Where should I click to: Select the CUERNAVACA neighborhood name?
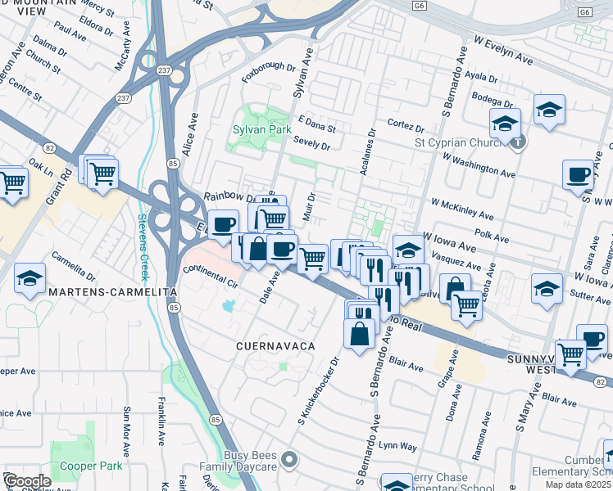pyautogui.click(x=275, y=347)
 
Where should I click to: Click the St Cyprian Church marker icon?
pyautogui.click(x=519, y=142)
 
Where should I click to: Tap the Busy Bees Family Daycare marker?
pyautogui.click(x=288, y=461)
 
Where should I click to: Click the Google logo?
pyautogui.click(x=26, y=481)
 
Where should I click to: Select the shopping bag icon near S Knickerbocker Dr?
pyautogui.click(x=358, y=334)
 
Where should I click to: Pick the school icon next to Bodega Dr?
pyautogui.click(x=549, y=109)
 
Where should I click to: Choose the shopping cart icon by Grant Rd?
pyautogui.click(x=103, y=173)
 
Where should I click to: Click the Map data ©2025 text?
pyautogui.click(x=579, y=484)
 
